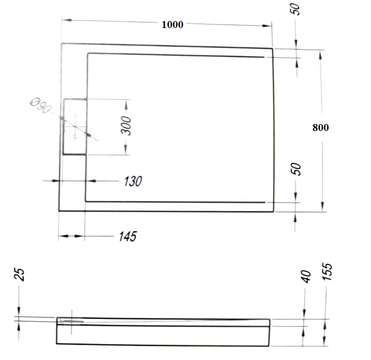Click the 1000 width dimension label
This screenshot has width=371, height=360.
[172, 24]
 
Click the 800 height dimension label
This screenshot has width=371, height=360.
[320, 127]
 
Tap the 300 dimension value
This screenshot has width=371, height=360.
[126, 125]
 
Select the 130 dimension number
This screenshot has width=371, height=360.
[132, 181]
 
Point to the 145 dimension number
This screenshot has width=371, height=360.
[128, 236]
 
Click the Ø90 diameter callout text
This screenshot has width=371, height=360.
[40, 105]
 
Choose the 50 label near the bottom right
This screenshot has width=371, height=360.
[296, 169]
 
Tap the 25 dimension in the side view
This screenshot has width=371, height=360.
[19, 274]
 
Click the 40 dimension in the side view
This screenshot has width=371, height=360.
[306, 276]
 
